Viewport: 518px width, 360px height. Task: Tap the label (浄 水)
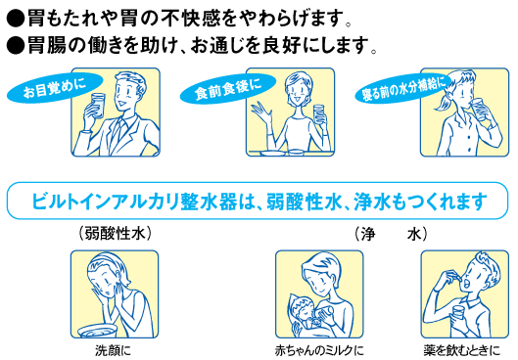pos(391,235)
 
